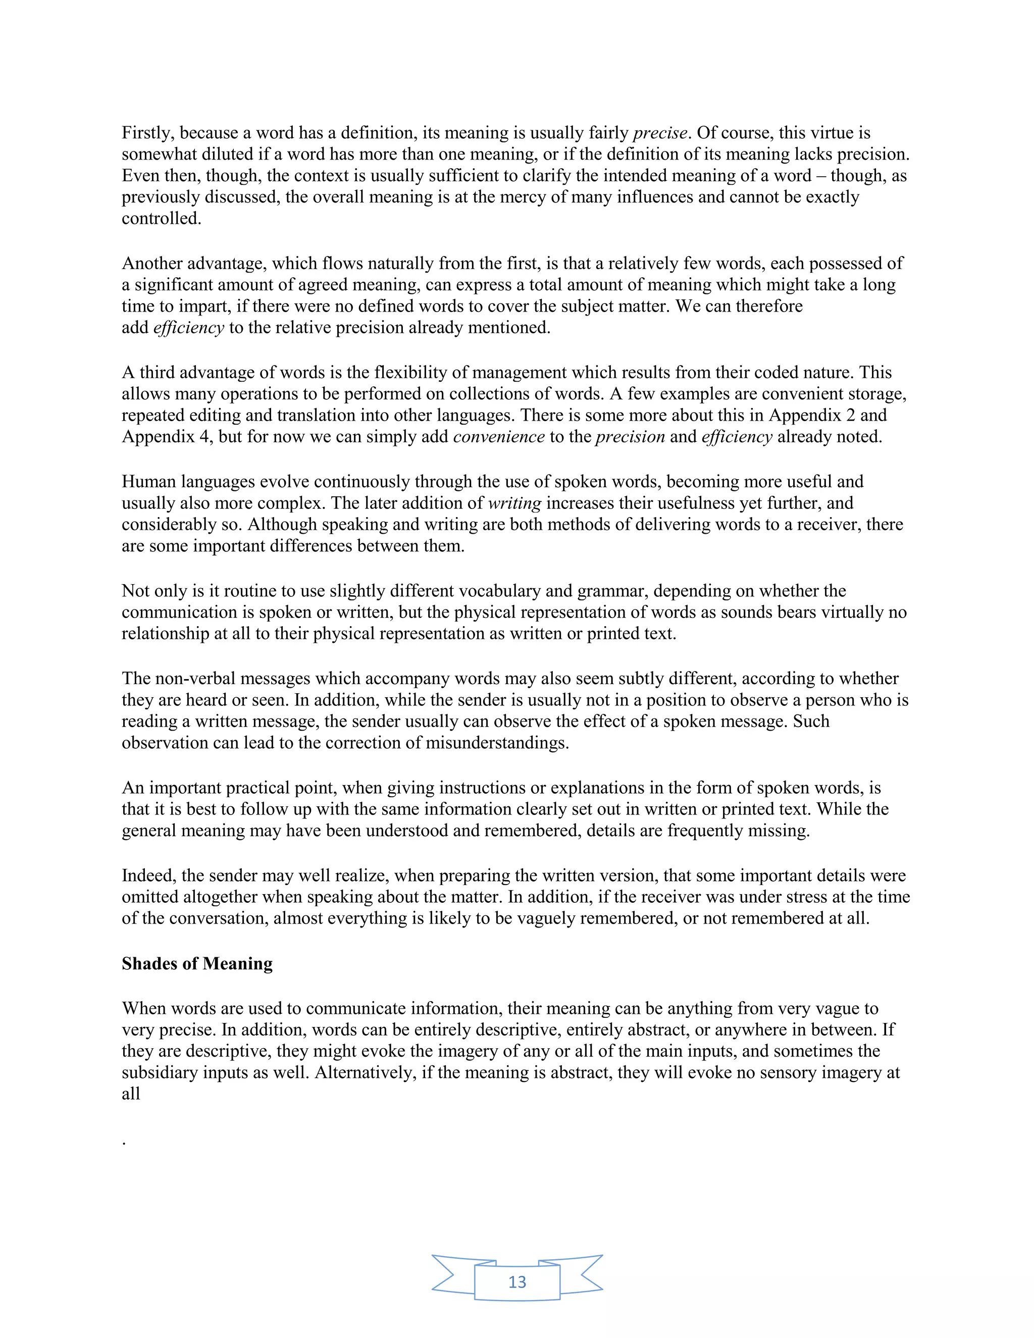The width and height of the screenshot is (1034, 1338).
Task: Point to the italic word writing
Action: tap(514, 503)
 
